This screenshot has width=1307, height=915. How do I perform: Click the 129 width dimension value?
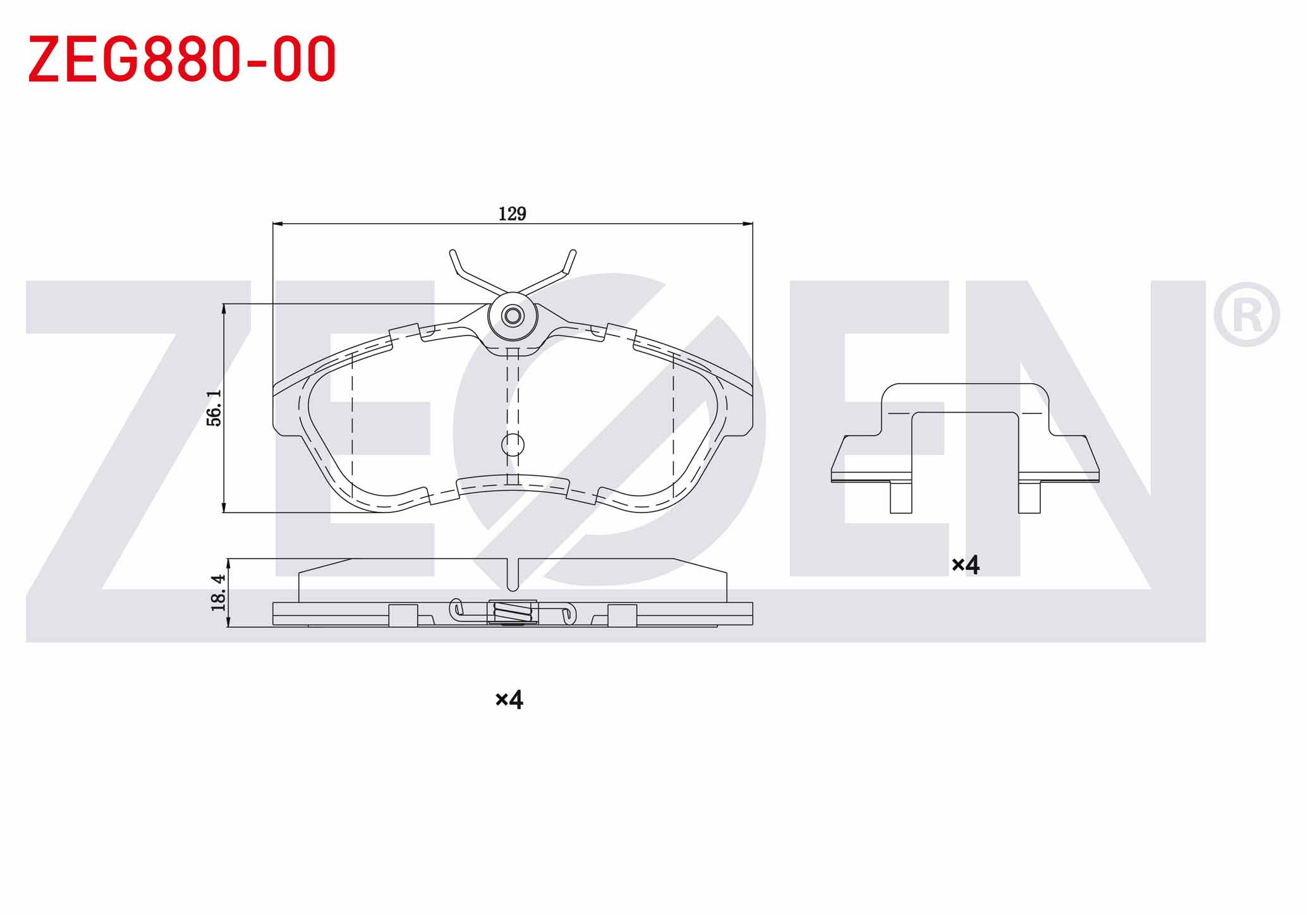(512, 214)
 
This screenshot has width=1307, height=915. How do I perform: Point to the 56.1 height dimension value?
(214, 408)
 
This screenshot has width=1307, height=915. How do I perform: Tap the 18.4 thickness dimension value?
(218, 592)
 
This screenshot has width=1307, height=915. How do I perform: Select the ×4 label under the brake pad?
(509, 700)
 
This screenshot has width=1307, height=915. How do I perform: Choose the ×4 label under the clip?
(965, 564)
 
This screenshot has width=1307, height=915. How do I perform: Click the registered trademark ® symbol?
(1246, 315)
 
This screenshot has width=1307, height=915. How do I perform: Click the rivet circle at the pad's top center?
(513, 315)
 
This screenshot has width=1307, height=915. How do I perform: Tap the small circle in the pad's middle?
(513, 445)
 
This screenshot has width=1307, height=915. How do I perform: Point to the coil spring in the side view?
(512, 612)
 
